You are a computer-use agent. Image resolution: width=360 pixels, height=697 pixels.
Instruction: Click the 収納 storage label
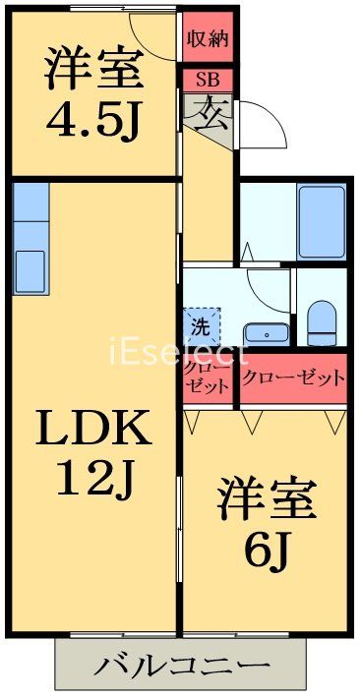(208, 40)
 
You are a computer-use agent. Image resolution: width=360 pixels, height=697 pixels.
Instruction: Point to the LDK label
(94, 431)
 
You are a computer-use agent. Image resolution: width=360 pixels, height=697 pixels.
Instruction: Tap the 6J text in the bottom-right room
(267, 551)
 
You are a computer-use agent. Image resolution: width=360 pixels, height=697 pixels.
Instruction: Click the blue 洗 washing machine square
(200, 321)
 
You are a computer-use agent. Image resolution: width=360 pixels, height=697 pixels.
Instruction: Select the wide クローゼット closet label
(294, 378)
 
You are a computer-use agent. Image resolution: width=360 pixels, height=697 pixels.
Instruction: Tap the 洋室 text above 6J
(267, 501)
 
